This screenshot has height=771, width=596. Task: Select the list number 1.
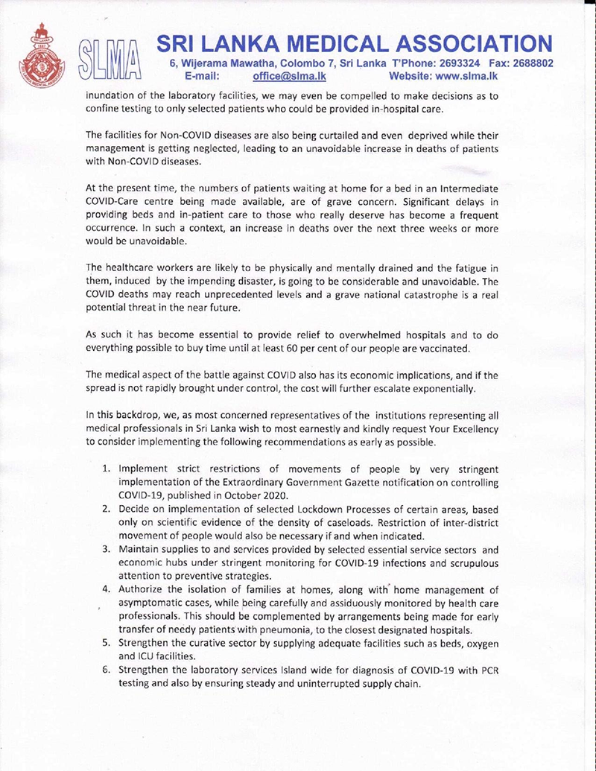click(107, 470)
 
